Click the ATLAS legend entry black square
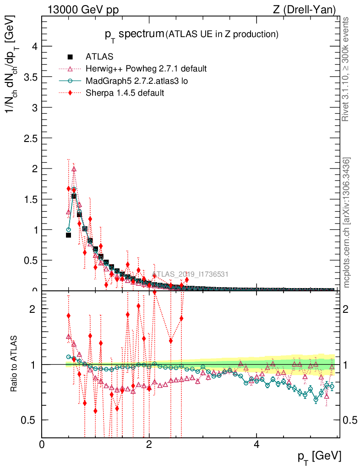coord(71,57)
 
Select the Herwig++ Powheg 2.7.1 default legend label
coord(146,69)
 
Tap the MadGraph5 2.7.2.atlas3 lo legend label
coord(137,81)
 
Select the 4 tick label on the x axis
coord(256,445)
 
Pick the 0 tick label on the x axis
coord(42,445)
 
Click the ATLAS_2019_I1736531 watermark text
coord(190,274)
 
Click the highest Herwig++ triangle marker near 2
coord(74,169)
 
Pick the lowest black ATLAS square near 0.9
coord(68,235)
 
